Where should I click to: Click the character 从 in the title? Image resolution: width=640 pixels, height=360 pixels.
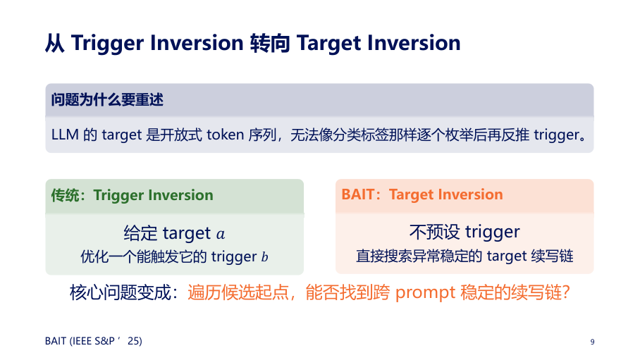pos(55,43)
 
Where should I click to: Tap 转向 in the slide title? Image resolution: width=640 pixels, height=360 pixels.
pos(270,43)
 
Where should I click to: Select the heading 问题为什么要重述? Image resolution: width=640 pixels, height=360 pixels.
pos(107,99)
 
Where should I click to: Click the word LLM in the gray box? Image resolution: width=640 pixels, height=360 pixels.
pos(65,135)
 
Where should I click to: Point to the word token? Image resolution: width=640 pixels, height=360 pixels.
pos(226,135)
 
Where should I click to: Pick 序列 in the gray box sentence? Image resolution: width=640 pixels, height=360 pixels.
pos(262,135)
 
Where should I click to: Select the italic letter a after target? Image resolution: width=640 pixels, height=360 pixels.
pos(221,235)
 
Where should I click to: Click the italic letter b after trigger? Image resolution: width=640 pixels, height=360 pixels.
pos(264,256)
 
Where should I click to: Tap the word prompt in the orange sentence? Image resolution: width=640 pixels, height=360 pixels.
pos(425,293)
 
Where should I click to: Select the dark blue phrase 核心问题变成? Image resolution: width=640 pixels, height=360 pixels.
pos(120,292)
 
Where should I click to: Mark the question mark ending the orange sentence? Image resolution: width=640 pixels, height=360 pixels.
pos(566,292)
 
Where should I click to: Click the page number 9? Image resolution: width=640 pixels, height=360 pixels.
pos(592,342)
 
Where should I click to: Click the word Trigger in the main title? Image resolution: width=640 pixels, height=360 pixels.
pos(107,44)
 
